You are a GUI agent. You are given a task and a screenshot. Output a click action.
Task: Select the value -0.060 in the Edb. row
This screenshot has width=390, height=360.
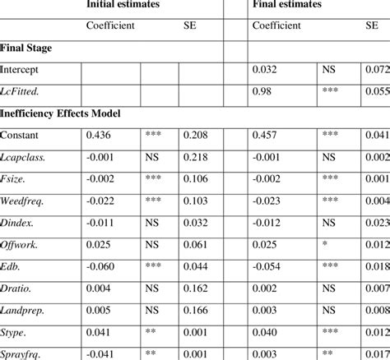[102, 267]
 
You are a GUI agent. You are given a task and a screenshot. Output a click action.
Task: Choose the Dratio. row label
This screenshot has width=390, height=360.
[20, 289]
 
